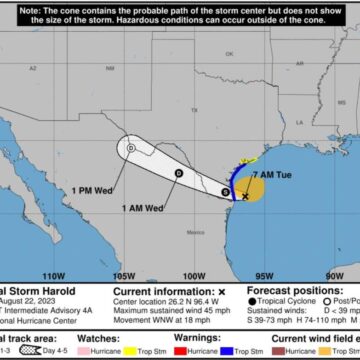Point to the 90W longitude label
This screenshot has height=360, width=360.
point(333,273)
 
